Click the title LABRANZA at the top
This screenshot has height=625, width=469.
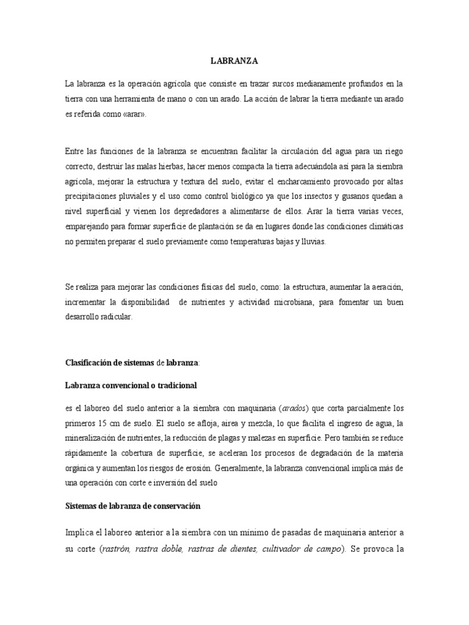[x=234, y=61]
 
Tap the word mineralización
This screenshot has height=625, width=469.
[x=96, y=438]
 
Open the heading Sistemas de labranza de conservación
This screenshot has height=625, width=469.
[x=133, y=507]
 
